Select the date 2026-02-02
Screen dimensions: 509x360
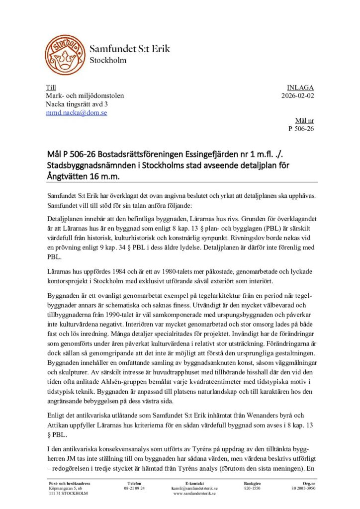click(297, 95)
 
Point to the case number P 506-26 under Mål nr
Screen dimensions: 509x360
click(301, 129)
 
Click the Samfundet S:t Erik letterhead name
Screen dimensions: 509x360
click(130, 49)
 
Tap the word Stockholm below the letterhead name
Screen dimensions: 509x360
click(108, 61)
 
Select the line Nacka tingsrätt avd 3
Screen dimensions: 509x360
click(77, 104)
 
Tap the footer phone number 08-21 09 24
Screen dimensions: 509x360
click(134, 488)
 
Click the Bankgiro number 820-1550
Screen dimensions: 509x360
click(253, 488)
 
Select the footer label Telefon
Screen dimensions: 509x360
click(134, 483)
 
